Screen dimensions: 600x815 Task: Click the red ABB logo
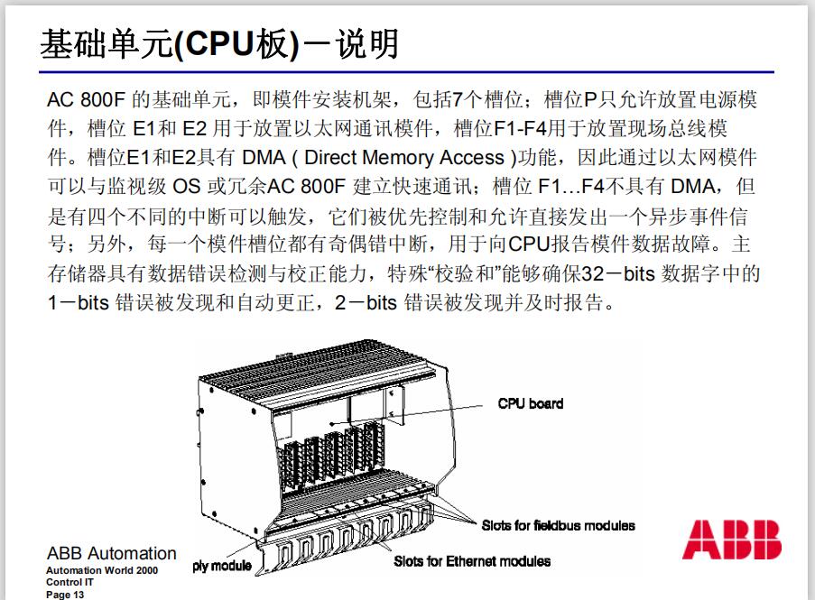(732, 539)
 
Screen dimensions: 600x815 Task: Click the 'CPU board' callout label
(530, 403)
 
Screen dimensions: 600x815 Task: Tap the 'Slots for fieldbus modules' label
(558, 525)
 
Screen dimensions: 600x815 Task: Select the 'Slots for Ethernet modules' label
(472, 561)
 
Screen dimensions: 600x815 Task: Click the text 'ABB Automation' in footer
(111, 553)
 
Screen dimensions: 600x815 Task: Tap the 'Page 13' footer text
(65, 595)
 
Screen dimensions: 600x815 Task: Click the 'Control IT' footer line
(69, 583)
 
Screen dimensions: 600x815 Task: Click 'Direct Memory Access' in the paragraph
(404, 158)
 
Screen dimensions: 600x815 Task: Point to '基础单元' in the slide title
(106, 44)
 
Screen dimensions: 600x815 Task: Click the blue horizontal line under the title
(406, 71)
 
